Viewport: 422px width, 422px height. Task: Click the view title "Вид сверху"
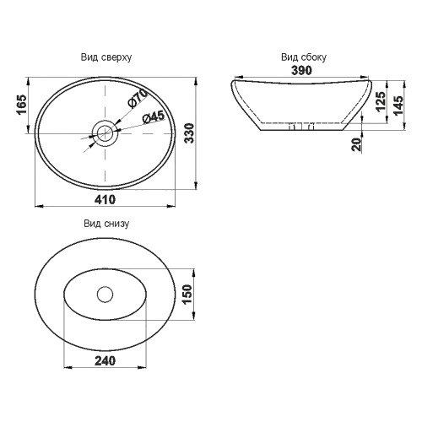(106, 57)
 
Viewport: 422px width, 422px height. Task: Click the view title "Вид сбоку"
(304, 57)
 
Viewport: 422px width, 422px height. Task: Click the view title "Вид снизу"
(106, 224)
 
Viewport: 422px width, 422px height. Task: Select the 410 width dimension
(105, 199)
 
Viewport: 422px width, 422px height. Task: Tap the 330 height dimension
(190, 133)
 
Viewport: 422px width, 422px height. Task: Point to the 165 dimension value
(21, 105)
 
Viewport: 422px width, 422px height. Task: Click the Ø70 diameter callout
(138, 98)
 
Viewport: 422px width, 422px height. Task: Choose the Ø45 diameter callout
(154, 117)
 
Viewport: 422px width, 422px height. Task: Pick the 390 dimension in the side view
(301, 70)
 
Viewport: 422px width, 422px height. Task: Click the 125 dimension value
(381, 101)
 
